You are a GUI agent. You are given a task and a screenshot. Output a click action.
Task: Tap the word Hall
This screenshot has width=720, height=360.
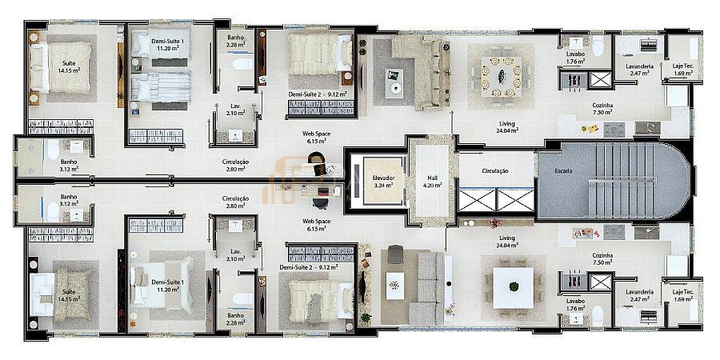tap(434, 178)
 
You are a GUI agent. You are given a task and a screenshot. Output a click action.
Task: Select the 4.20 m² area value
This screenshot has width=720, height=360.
tap(434, 185)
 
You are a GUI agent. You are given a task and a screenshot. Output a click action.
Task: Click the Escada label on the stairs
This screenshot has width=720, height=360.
tap(563, 171)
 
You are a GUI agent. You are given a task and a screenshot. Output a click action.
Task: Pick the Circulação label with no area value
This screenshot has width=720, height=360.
tap(495, 171)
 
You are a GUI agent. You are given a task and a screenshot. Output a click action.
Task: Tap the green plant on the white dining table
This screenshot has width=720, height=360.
tap(514, 286)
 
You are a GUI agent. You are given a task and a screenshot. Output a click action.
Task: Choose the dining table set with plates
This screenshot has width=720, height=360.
tap(501, 76)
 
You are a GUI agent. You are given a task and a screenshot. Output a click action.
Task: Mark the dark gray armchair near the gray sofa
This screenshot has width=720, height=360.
tap(395, 254)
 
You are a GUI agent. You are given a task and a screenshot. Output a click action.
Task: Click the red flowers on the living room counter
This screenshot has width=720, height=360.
tap(494, 224)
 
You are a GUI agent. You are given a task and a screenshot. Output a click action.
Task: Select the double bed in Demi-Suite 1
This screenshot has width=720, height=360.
tap(162, 285)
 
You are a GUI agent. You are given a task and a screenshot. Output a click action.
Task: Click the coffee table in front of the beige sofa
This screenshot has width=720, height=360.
tap(394, 83)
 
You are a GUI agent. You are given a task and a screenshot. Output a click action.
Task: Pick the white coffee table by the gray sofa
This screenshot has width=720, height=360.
tap(394, 286)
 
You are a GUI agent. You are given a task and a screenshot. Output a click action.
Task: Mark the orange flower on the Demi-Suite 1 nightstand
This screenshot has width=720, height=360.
tap(133, 323)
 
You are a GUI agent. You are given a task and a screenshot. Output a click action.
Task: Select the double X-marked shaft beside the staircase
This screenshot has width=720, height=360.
tap(497, 200)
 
